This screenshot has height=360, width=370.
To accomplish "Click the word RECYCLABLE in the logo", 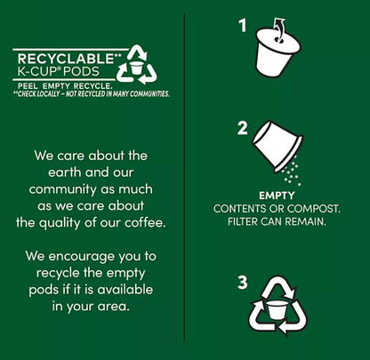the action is (x=65, y=59).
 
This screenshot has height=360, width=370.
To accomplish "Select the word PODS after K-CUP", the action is (x=82, y=72).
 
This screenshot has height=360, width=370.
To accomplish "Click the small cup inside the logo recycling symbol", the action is (x=136, y=68).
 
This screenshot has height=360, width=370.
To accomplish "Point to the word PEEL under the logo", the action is (x=28, y=86).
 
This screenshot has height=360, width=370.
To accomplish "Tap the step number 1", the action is (x=243, y=26).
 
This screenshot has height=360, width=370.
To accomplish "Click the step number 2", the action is (x=243, y=129).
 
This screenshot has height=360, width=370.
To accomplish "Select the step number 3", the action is (x=243, y=283).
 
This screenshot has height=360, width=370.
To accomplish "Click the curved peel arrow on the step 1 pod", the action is (x=279, y=28).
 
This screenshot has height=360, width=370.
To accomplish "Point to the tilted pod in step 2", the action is (x=277, y=146).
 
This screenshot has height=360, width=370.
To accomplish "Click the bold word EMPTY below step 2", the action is (x=277, y=196).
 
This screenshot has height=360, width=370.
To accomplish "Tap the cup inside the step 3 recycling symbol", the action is (x=277, y=310).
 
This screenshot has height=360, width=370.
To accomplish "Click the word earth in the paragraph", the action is (x=65, y=172).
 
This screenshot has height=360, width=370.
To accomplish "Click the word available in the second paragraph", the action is (x=125, y=290).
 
